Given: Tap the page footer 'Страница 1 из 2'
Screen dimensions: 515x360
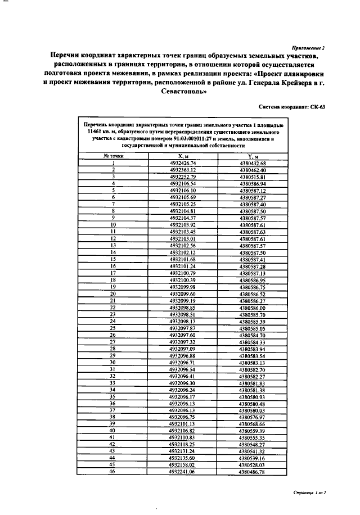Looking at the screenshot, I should click(310, 492).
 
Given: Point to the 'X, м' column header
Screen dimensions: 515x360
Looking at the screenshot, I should click(182, 156).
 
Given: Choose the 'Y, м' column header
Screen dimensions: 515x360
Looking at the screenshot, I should click(252, 156).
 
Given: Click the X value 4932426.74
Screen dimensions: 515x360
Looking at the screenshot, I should click(182, 163).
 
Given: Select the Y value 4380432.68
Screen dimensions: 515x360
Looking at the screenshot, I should click(252, 163).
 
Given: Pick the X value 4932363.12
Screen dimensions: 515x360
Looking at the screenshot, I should click(182, 170).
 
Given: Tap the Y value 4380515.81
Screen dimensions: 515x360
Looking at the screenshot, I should click(252, 177).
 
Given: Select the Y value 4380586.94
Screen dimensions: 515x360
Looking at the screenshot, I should click(252, 184).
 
